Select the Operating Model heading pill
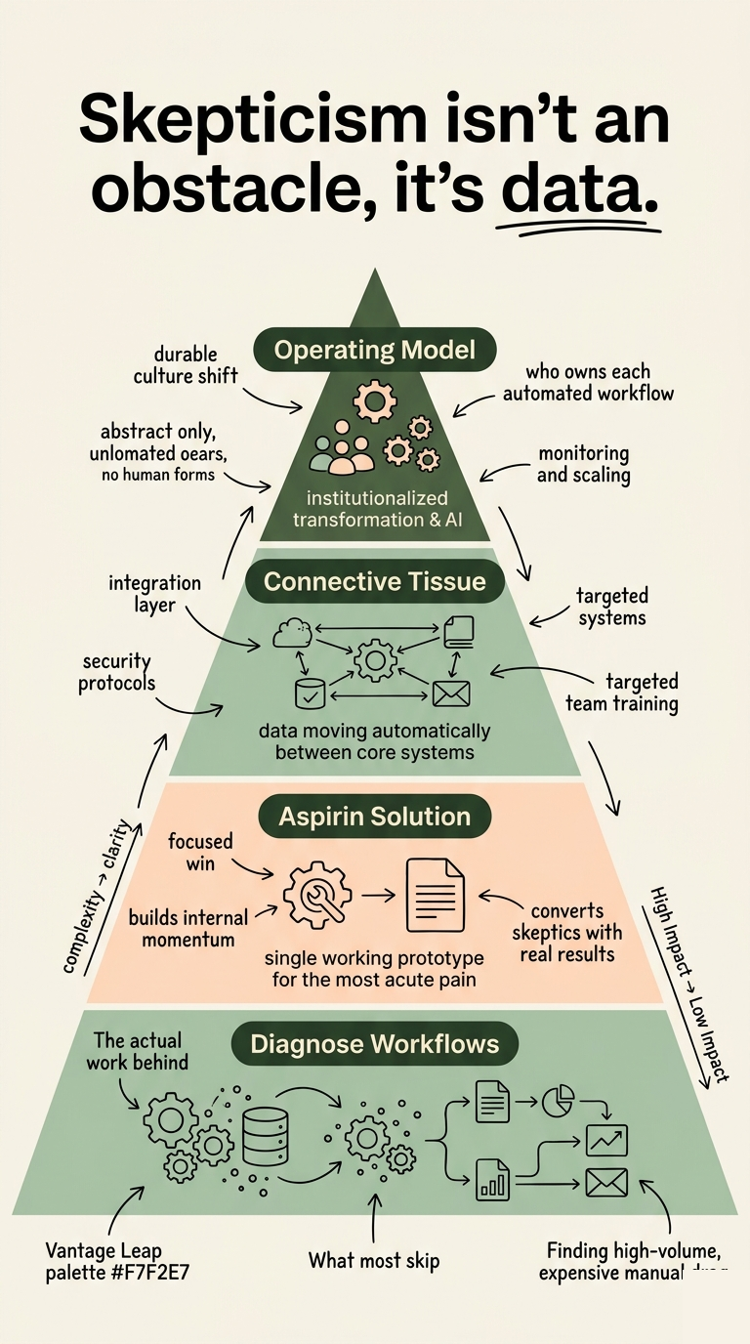(374, 350)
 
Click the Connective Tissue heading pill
(374, 582)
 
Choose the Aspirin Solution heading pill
(374, 817)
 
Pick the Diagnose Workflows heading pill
(374, 1044)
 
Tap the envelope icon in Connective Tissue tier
(451, 693)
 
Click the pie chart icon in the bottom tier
(558, 1101)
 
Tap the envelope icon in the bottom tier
(605, 1184)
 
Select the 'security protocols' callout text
(116, 671)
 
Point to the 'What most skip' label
(373, 1260)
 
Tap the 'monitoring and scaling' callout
(584, 465)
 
